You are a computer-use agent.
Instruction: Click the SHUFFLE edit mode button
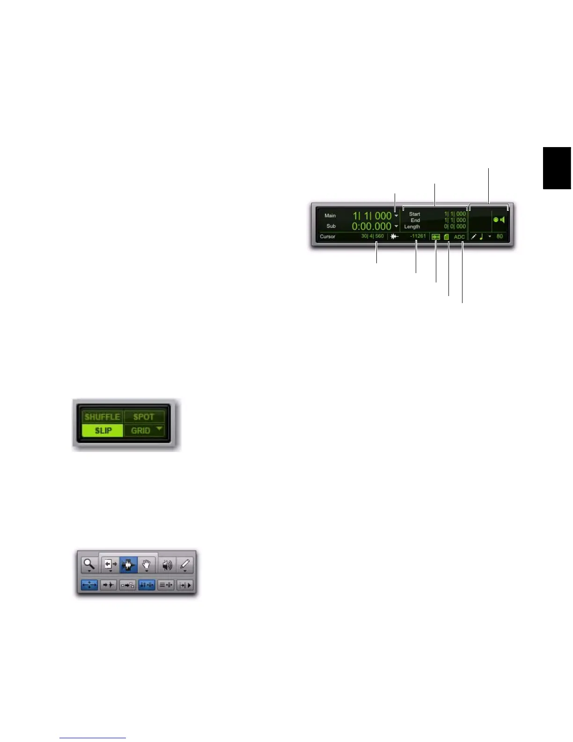click(x=102, y=416)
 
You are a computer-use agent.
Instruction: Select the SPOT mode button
click(x=144, y=416)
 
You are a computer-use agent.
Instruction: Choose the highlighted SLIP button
click(x=103, y=430)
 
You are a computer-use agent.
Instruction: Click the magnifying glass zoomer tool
click(x=89, y=564)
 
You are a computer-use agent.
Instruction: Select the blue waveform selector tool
click(x=128, y=565)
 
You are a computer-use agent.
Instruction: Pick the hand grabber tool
click(x=147, y=565)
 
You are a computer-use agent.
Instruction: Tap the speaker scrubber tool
click(x=167, y=565)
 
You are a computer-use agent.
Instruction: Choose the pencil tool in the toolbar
click(x=185, y=564)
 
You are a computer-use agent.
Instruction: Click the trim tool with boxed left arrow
click(x=110, y=564)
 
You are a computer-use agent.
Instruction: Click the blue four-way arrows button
click(x=89, y=585)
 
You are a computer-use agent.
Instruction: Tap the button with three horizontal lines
click(x=166, y=585)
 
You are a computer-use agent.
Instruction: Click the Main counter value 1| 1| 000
click(x=372, y=216)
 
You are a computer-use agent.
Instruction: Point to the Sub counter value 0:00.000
click(x=371, y=226)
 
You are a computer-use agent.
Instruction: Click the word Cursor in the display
click(x=328, y=237)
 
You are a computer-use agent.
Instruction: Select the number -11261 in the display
click(x=418, y=236)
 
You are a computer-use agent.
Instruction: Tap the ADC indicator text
click(x=459, y=237)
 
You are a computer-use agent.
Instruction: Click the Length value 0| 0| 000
click(x=455, y=227)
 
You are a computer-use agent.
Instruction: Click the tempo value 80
click(x=500, y=237)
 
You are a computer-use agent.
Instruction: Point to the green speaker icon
click(x=503, y=219)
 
